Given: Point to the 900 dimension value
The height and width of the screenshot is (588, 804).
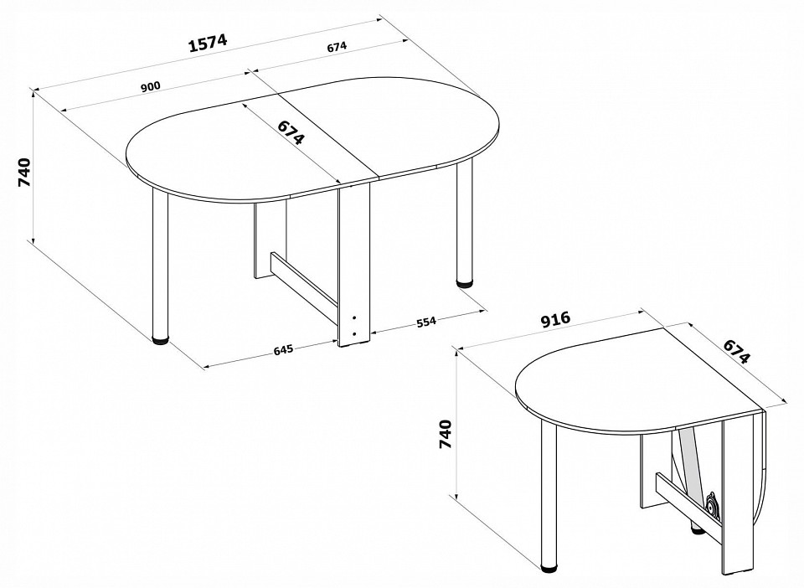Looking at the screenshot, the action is click(x=151, y=86).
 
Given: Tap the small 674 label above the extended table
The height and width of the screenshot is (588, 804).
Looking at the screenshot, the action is click(x=337, y=47).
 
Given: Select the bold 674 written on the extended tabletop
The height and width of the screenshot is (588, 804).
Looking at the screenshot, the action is click(x=291, y=133).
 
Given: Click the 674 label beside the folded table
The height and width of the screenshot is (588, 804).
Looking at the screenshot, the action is click(x=737, y=351).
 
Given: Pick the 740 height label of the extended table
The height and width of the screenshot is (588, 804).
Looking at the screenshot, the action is click(x=24, y=173).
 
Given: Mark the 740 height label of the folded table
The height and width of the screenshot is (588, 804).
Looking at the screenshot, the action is click(x=446, y=434).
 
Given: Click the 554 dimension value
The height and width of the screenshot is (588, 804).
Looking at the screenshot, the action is click(x=425, y=322).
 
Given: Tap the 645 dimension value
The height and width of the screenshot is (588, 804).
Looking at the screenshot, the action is click(x=283, y=349).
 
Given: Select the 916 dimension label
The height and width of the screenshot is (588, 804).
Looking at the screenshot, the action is click(x=555, y=319).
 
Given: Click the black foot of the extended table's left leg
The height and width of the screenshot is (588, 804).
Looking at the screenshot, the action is click(x=161, y=339).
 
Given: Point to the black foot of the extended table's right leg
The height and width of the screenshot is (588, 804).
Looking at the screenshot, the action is click(x=465, y=281).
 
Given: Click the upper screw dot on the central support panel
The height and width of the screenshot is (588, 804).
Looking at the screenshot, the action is click(x=353, y=317).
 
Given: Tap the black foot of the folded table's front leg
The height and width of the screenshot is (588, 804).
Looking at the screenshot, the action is click(x=549, y=567).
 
